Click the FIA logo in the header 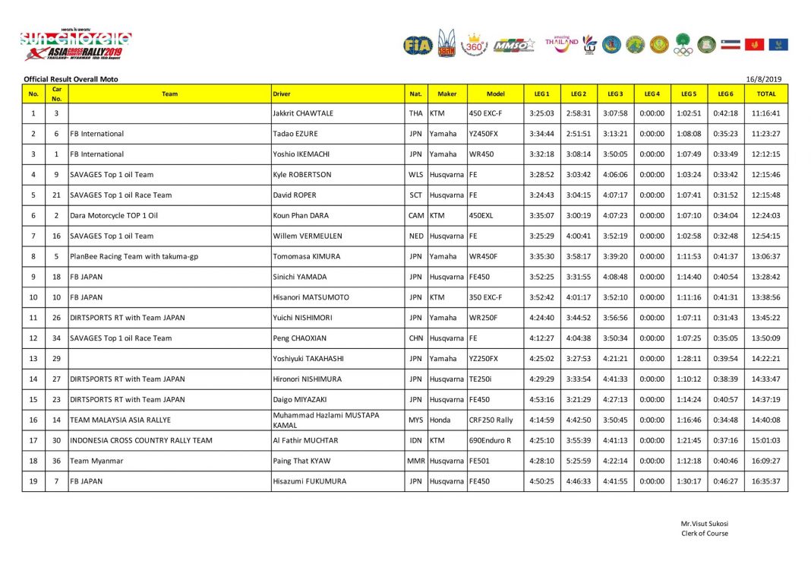(417, 45)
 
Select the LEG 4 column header (652, 94)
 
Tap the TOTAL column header (765, 94)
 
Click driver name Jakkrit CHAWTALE (302, 113)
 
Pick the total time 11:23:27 (765, 134)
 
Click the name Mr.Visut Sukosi (704, 524)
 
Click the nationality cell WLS (415, 174)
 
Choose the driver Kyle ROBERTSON (301, 174)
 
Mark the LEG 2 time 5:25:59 (578, 461)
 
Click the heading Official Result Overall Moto (71, 79)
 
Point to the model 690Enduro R (490, 440)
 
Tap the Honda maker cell (441, 420)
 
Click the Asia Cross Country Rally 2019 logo (75, 46)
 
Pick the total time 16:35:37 (765, 481)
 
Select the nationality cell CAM (415, 215)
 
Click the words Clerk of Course (704, 533)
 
